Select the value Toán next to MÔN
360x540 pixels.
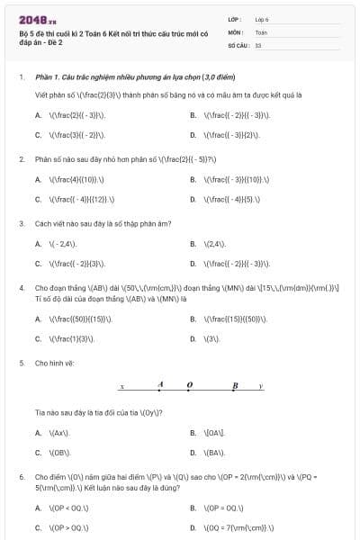261,31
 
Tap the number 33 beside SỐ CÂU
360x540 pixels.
258,44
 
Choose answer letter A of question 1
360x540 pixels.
38,115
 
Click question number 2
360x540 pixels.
22,158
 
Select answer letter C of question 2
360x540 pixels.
38,200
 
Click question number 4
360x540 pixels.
22,288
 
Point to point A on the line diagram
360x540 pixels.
160,385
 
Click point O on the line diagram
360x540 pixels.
189,385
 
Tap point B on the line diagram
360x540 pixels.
234,386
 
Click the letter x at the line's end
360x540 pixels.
121,387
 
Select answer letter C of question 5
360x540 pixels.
38,453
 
